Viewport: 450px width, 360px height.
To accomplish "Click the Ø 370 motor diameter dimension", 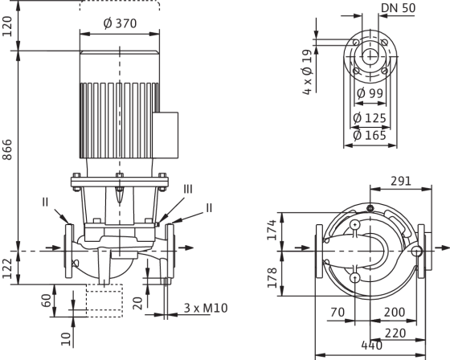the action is [120, 23].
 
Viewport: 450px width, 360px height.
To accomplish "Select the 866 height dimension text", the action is [7, 149].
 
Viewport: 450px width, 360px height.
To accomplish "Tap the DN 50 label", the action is [399, 8].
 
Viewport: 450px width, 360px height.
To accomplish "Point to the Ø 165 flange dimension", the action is [370, 135].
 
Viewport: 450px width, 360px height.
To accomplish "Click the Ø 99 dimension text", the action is [370, 93].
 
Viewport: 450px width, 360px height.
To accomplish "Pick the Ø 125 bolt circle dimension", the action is [370, 118].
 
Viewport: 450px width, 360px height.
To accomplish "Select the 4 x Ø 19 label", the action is [307, 72].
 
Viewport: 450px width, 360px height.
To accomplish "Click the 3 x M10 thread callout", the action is [206, 308].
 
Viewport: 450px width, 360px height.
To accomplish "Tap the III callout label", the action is [188, 189].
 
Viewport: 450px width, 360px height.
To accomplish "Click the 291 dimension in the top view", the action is [401, 181].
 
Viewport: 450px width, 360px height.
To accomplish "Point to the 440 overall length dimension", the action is [371, 346].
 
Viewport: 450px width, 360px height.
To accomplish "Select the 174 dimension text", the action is [272, 230].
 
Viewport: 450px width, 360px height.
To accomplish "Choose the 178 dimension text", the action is [272, 277].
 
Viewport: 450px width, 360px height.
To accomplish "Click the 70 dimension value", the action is [337, 312].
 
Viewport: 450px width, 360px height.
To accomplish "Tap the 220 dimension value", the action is [395, 333].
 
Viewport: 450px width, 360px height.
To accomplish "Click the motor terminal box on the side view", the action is [166, 135].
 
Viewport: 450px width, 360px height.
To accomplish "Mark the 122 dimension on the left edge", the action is [7, 268].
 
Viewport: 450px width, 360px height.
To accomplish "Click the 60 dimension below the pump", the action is [47, 301].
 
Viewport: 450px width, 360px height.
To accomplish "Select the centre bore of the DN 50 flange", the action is [370, 56].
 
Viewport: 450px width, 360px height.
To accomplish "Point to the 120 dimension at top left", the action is [7, 27].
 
